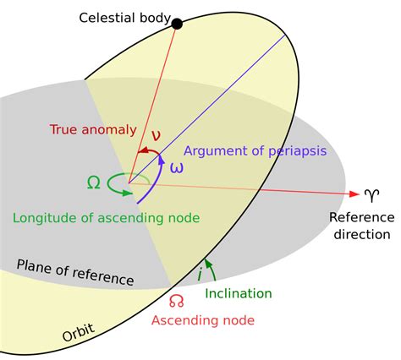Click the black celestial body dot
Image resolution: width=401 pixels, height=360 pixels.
tap(177, 24)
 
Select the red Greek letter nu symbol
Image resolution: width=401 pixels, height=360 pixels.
tap(155, 134)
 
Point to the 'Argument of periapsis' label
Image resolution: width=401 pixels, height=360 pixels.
tap(255, 150)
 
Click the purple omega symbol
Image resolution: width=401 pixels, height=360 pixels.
tap(176, 166)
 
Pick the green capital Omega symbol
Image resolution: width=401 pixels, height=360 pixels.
tap(94, 181)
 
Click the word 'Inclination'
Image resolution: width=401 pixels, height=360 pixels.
tap(239, 293)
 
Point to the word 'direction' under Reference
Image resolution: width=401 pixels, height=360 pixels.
tap(361, 234)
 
